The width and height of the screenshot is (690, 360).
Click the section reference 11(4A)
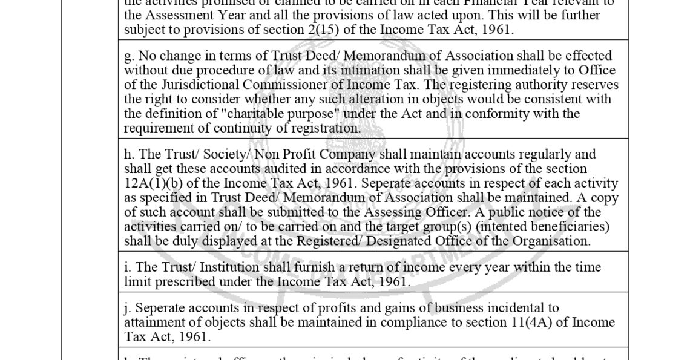(525, 322)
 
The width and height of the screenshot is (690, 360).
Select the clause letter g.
(128, 56)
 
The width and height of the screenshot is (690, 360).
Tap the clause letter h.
(128, 154)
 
